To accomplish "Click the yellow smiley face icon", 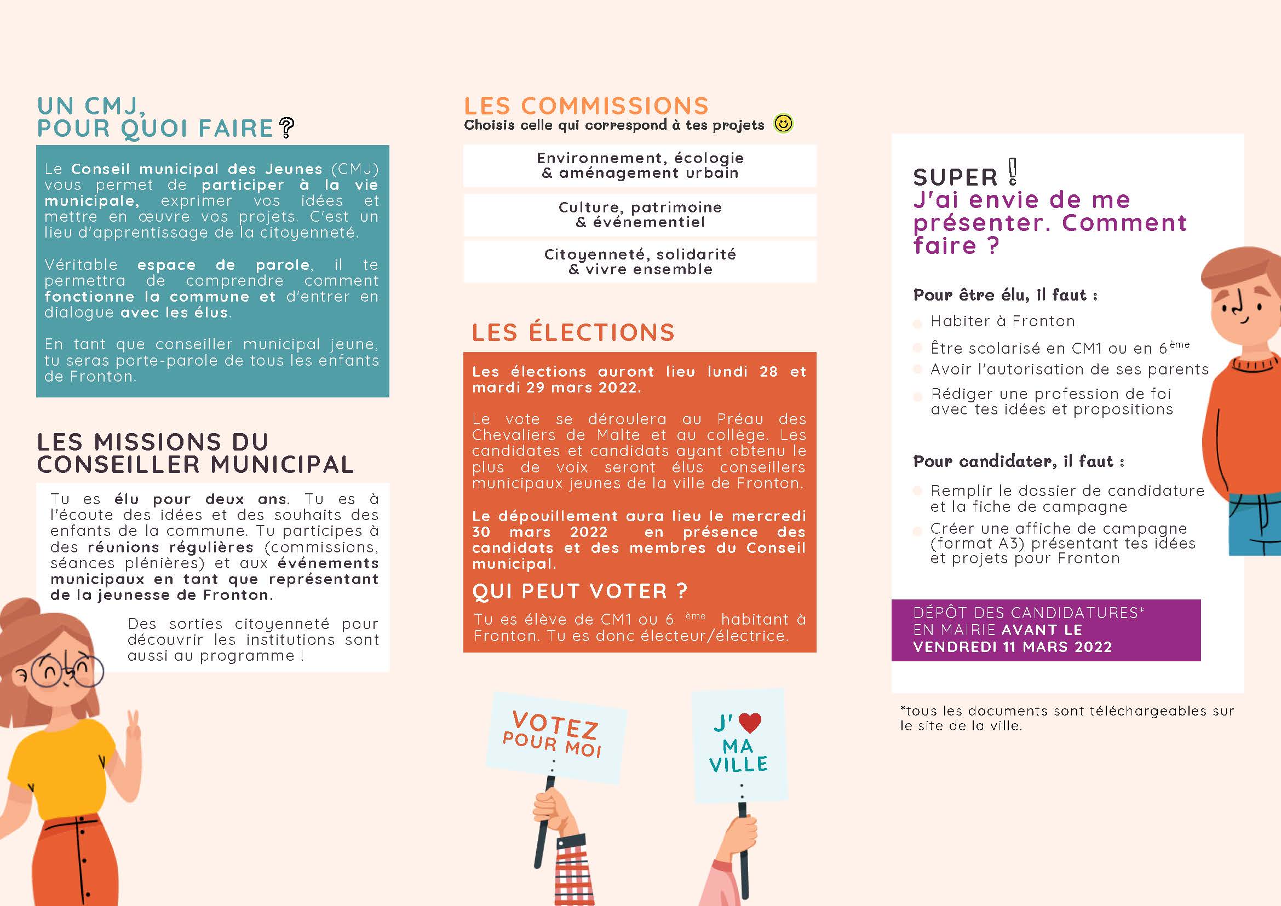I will pyautogui.click(x=783, y=123).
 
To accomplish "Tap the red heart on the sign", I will pyautogui.click(x=750, y=723).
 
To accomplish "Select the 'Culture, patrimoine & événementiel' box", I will pyautogui.click(x=640, y=215).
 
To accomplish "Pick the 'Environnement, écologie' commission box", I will pyautogui.click(x=640, y=166).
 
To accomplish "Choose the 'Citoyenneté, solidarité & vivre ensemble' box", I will pyautogui.click(x=640, y=262).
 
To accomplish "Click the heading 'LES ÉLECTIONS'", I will pyautogui.click(x=573, y=332).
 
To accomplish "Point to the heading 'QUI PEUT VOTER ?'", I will pyautogui.click(x=579, y=591).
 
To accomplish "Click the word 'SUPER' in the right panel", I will pyautogui.click(x=955, y=177).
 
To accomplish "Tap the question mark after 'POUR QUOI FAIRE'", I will pyautogui.click(x=286, y=128).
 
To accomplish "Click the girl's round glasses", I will pyautogui.click(x=67, y=672).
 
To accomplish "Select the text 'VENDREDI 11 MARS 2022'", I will pyautogui.click(x=1013, y=647).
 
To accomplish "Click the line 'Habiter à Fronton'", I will pyautogui.click(x=1002, y=321).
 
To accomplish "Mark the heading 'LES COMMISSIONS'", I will pyautogui.click(x=586, y=106).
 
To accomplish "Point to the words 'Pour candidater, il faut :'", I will pyautogui.click(x=1019, y=461).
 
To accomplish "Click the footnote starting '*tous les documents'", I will pyautogui.click(x=1067, y=718).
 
